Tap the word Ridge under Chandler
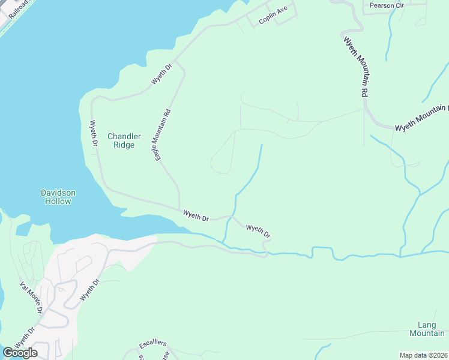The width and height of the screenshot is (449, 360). coord(124,145)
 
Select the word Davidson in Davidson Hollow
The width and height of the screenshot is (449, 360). coord(58,193)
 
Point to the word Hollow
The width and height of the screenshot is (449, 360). coord(58,201)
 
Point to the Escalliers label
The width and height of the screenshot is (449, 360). coord(152,345)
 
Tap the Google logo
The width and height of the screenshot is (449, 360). coord(20,352)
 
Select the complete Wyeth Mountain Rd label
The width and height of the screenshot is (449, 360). coord(355,66)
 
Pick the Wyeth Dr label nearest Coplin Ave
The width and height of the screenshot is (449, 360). coord(161,73)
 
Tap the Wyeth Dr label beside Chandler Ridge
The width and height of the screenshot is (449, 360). coord(94,134)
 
